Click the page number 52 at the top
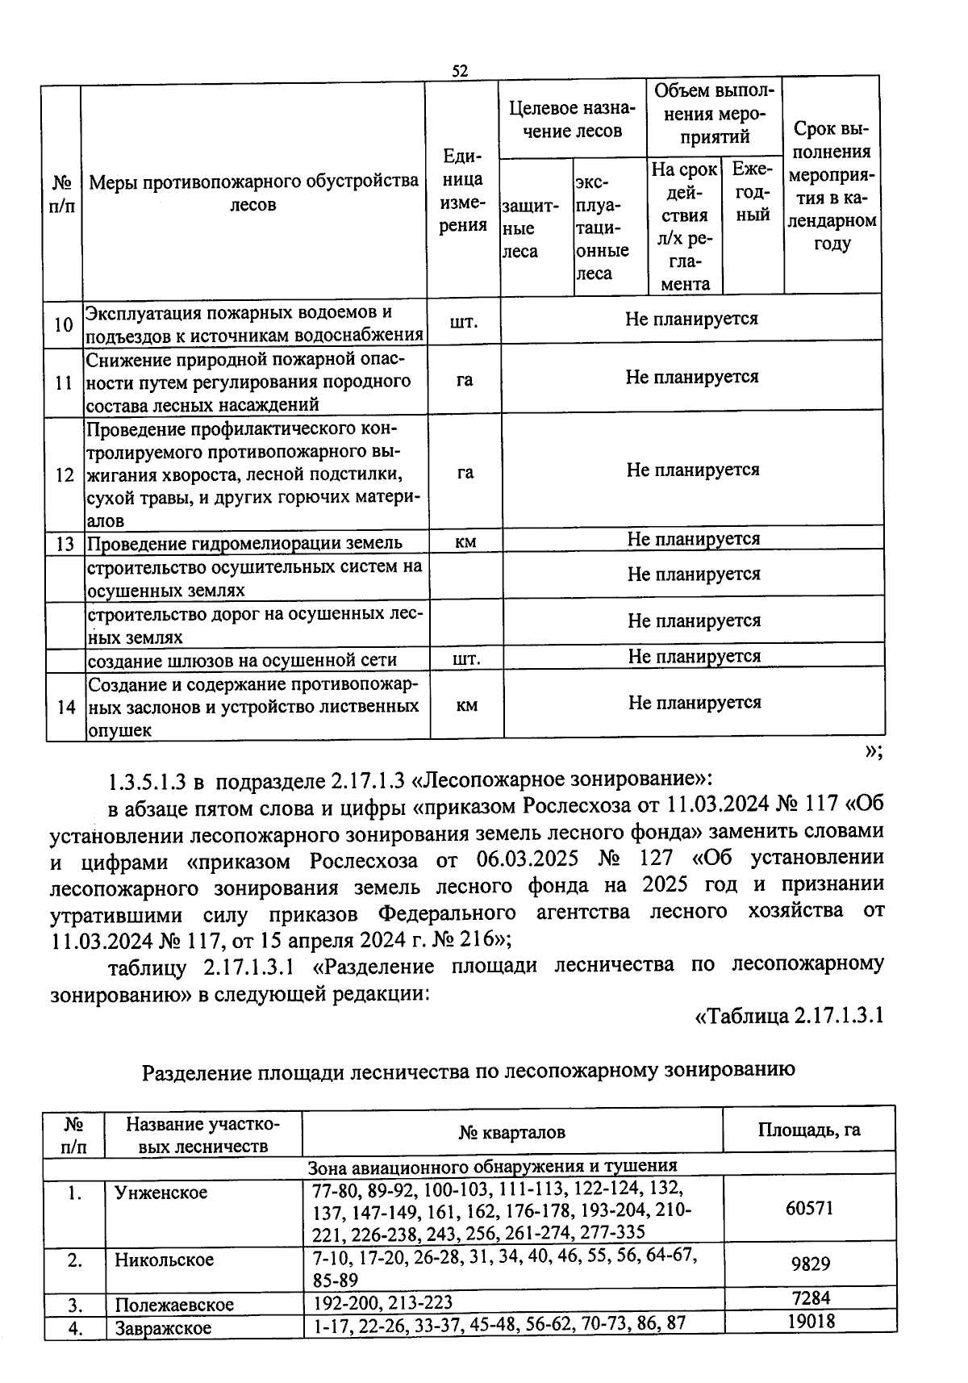[x=460, y=71]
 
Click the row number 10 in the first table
[x=63, y=325]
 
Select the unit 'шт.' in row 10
[x=464, y=322]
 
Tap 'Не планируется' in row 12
[x=692, y=470]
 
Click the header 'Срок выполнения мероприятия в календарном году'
[x=832, y=186]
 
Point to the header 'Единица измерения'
[x=463, y=191]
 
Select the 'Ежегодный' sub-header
[x=752, y=193]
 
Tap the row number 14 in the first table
[x=65, y=707]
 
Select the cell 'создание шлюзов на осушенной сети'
[x=242, y=660]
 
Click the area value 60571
[x=809, y=1208]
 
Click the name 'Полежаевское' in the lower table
[x=174, y=1305]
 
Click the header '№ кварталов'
[x=511, y=1132]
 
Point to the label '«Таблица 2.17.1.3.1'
[x=789, y=1016]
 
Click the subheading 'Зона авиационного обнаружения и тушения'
[x=492, y=1165]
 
